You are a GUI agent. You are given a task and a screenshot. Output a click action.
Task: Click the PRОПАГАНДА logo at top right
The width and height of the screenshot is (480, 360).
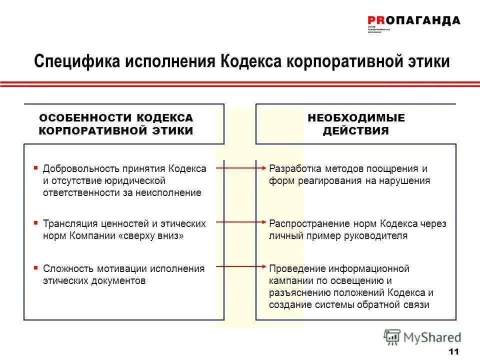pyautogui.click(x=413, y=20)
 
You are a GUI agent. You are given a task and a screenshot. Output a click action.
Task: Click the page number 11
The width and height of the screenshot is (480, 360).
pyautogui.click(x=454, y=351)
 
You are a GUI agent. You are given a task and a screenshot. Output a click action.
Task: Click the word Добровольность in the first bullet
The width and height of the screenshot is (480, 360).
pyautogui.click(x=78, y=168)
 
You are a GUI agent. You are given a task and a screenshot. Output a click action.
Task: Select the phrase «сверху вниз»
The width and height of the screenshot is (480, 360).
pyautogui.click(x=150, y=236)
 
